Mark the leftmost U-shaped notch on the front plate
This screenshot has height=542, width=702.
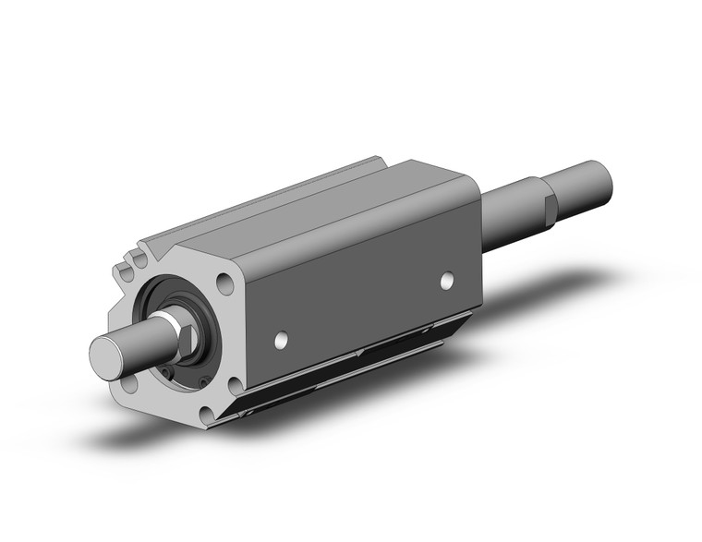coord(125,273)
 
